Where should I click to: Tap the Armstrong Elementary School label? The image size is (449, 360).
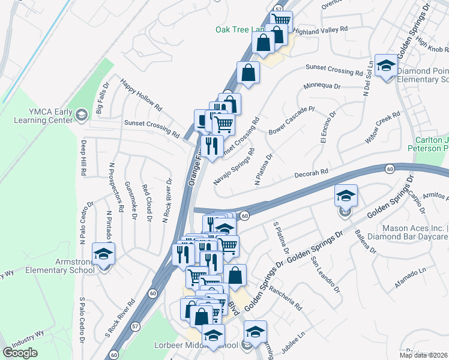[59, 266]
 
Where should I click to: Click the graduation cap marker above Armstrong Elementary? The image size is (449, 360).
[103, 253]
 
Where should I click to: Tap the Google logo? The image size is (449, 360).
[20, 353]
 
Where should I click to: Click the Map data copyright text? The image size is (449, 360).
[423, 355]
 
